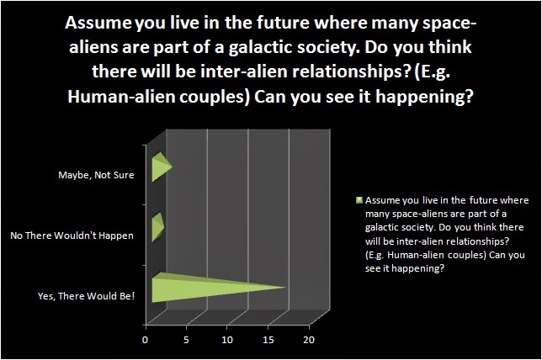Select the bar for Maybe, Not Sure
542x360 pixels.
160,167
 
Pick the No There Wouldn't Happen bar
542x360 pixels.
157,227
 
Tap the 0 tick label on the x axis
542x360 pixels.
145,340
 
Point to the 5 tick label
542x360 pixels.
186,340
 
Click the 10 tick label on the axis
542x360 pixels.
227,340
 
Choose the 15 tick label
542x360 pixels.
268,340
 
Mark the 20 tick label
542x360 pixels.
309,340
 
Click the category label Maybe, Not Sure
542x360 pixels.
96,175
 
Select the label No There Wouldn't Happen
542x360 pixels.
72,236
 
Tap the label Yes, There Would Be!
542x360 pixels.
86,296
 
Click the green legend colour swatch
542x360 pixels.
359,200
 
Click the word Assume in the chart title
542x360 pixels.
98,24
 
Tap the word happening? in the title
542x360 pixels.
424,97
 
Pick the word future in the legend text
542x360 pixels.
484,200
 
